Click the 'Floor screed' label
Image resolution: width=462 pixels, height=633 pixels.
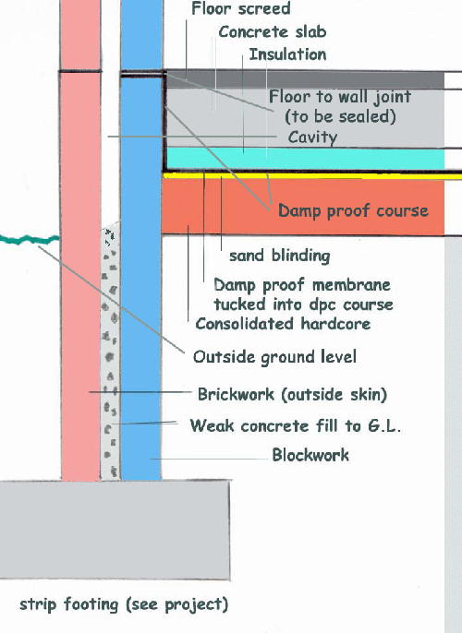pos(241,8)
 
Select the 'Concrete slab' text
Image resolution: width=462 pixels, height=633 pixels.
pos(273,32)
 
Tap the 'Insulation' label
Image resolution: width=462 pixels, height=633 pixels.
pos(287,54)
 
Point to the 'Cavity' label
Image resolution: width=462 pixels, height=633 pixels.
pos(312,137)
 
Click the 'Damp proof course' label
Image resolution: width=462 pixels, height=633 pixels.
pos(353,210)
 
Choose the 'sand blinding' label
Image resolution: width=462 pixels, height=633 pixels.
pos(280,256)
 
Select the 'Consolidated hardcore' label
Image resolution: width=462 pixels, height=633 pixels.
pos(283,323)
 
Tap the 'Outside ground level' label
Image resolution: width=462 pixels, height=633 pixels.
pos(274,357)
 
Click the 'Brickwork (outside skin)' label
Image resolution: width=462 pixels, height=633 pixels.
pos(292,394)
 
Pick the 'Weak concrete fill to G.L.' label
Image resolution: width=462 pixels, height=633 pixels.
pos(296,425)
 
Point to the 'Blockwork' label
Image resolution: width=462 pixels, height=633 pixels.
pos(310,455)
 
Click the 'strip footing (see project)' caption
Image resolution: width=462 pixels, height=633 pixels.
pos(124,604)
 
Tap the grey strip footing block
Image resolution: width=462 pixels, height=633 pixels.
pos(115,530)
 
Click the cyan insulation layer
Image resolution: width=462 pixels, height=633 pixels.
pos(306,159)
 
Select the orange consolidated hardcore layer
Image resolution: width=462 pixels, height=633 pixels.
pos(303,207)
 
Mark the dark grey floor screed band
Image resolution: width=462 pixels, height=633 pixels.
pos(306,80)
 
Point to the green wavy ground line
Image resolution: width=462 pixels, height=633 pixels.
pos(30,239)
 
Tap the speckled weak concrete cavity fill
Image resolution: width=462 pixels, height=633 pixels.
pos(110,351)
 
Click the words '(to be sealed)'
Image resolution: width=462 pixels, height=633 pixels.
pos(340,116)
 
